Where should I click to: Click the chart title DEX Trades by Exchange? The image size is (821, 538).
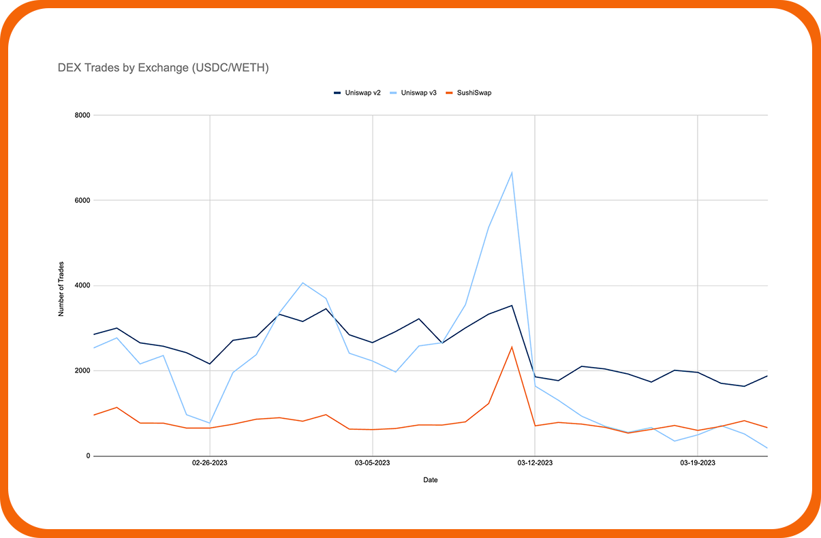[x=163, y=68]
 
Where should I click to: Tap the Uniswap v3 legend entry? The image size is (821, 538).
[x=419, y=93]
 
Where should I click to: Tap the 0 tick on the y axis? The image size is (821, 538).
[x=87, y=456]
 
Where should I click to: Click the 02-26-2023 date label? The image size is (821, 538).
[x=209, y=464]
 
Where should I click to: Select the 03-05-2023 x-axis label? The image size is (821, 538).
[x=372, y=464]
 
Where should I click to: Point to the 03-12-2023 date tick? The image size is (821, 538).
[x=535, y=464]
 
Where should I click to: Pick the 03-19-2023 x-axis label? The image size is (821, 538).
[x=697, y=464]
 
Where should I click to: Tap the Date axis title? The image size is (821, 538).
[x=431, y=480]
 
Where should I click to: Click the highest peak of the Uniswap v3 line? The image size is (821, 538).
[x=512, y=172]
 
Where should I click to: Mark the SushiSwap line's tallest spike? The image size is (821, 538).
[x=512, y=347]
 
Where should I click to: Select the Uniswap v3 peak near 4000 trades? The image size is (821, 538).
[x=303, y=283]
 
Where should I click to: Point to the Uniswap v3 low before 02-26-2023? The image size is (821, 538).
[x=209, y=423]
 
